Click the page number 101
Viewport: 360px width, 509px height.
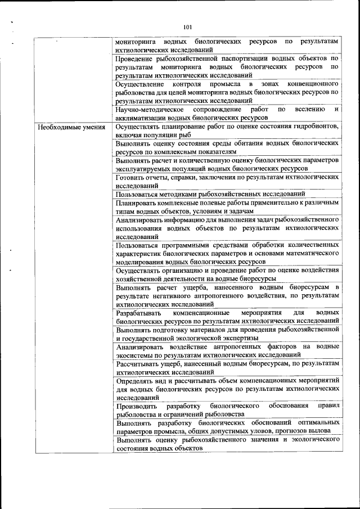point(188,26)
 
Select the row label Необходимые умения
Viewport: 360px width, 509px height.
point(71,127)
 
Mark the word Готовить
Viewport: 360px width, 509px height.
point(130,177)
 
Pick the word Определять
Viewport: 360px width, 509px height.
point(135,380)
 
